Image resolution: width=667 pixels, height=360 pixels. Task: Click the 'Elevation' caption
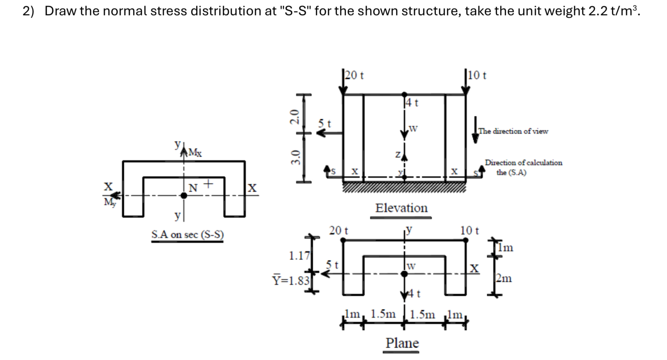pos(401,208)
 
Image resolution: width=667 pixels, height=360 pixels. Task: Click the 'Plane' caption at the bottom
pos(402,343)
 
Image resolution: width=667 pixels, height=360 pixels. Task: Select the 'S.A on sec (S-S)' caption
pos(187,234)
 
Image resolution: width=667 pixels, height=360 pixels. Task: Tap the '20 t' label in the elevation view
pos(354,76)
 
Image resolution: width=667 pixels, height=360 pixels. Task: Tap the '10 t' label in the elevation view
pos(477,76)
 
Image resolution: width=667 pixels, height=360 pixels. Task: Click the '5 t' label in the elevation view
pos(325,123)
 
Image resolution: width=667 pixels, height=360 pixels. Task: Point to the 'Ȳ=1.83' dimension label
pos(291,280)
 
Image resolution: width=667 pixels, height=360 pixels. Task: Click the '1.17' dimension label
pos(299,256)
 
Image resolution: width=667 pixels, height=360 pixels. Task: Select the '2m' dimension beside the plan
pos(504,278)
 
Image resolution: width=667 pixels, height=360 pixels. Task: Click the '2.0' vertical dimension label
pos(295,117)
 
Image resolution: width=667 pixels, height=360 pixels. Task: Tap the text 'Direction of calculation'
pos(523,163)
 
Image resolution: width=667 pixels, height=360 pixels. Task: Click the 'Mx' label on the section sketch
pos(195,152)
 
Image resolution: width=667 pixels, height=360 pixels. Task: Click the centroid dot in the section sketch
pos(184,196)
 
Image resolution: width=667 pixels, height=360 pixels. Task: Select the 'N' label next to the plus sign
pos(193,188)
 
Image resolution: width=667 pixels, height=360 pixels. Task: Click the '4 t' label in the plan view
pos(414,294)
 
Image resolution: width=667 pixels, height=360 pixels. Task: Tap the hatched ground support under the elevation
pos(404,187)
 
